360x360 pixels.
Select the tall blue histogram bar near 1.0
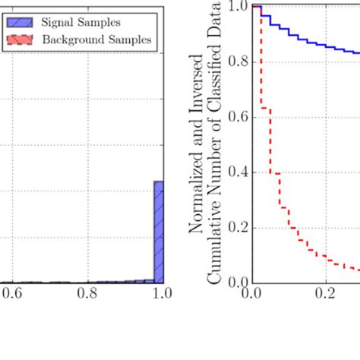tap(159, 232)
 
